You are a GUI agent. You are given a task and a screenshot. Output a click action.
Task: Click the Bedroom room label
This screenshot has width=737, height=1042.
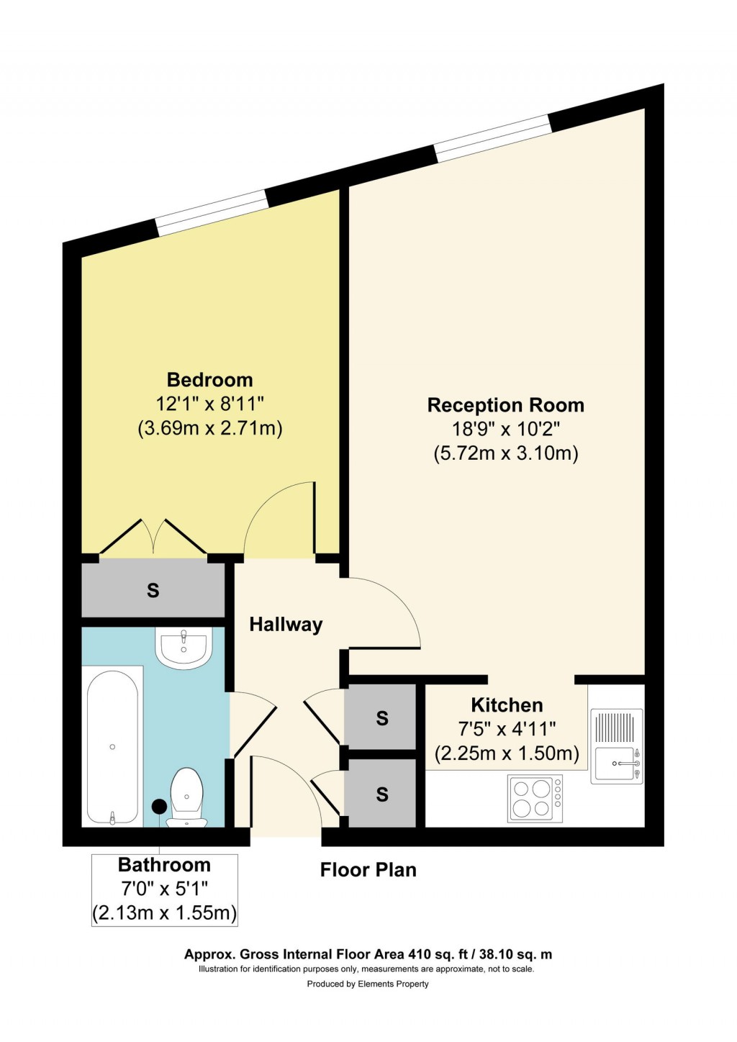click(209, 380)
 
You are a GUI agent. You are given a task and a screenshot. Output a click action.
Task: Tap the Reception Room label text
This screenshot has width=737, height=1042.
click(505, 405)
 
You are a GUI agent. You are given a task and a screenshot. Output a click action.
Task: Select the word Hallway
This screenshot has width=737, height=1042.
click(286, 625)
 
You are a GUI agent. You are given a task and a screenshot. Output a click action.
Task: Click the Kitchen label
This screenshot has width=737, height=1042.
click(507, 705)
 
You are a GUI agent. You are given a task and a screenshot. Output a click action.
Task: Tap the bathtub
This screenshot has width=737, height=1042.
click(112, 747)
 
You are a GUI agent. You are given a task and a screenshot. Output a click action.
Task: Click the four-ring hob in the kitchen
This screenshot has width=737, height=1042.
click(535, 798)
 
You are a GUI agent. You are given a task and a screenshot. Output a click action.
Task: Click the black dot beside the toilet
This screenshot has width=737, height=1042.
click(159, 807)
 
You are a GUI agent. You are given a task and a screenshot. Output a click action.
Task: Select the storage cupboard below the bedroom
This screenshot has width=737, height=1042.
click(153, 591)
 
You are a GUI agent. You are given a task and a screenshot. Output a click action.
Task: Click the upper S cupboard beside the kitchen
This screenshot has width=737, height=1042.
click(381, 717)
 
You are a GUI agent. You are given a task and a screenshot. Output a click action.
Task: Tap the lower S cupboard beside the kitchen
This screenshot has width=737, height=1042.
click(381, 794)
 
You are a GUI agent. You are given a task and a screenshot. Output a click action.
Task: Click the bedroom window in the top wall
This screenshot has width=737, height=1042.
click(212, 213)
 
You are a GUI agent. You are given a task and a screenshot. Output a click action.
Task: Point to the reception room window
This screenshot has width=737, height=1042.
click(493, 138)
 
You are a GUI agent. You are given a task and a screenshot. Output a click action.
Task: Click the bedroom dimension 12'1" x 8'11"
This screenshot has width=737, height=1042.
click(209, 404)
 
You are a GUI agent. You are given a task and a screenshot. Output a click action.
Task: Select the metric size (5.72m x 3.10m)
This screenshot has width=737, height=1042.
click(505, 453)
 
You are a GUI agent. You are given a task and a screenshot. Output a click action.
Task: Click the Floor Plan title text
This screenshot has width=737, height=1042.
click(368, 870)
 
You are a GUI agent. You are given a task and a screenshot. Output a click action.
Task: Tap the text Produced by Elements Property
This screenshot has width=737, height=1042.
click(368, 984)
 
